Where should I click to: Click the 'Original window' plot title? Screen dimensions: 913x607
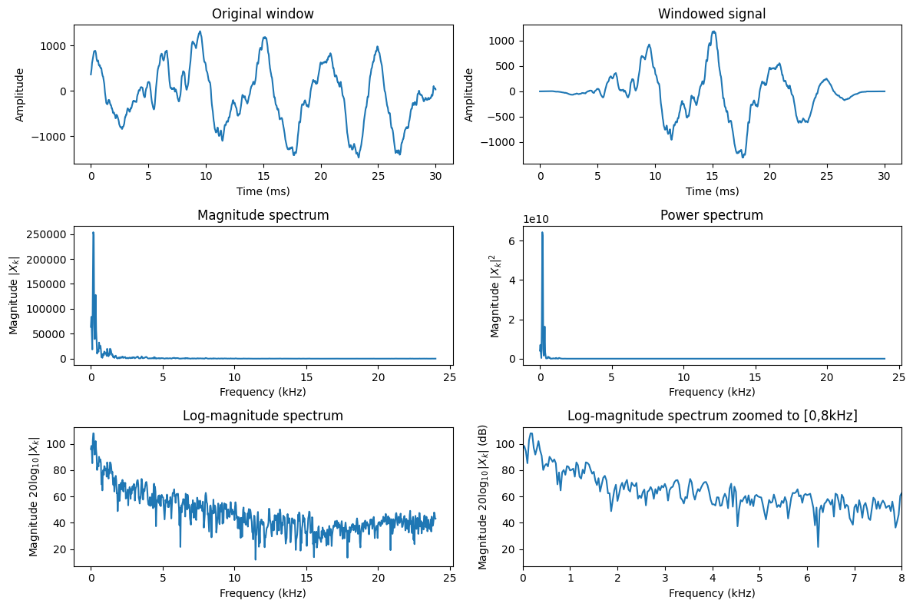pos(263,14)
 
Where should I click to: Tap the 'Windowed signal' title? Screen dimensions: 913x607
pos(712,14)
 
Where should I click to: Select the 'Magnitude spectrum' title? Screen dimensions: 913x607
pos(263,215)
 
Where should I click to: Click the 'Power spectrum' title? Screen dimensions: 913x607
pos(712,215)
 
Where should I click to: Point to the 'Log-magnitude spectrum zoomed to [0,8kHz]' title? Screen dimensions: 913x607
pos(712,416)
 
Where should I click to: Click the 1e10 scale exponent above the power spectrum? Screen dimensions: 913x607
pos(536,219)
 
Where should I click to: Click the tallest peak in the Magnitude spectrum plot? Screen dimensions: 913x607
pos(93,233)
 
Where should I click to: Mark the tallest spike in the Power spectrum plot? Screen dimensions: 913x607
pos(542,233)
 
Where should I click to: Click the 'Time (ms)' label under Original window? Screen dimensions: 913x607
pos(263,191)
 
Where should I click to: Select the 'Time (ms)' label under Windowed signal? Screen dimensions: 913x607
pos(712,191)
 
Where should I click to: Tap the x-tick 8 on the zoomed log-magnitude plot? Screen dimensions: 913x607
pos(901,578)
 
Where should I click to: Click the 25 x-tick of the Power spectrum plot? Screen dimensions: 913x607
pos(898,377)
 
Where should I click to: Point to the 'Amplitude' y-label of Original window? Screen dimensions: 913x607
pos(20,95)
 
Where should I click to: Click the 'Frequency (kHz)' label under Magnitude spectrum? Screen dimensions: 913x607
pos(263,392)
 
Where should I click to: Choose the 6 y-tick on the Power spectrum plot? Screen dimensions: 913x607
pos(512,241)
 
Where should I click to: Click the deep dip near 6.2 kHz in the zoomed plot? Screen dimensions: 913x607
pos(818,546)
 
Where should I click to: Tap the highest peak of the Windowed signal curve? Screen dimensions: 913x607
pos(713,32)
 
